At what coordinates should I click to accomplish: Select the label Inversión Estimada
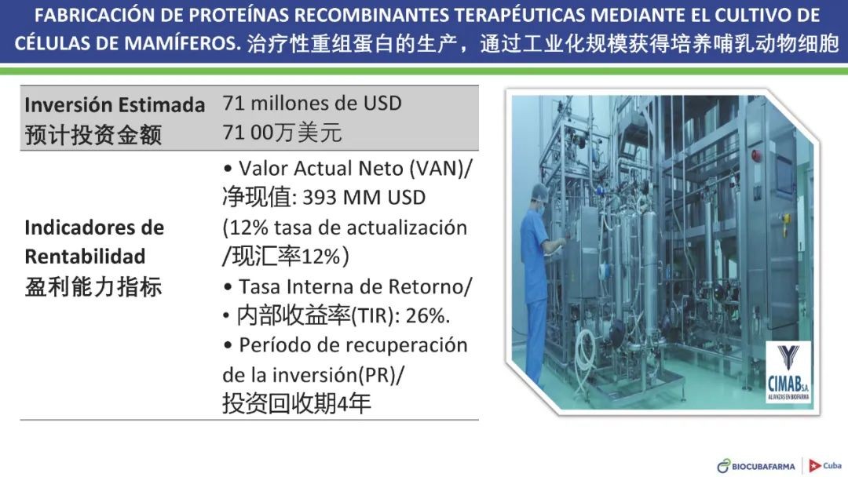[115, 105]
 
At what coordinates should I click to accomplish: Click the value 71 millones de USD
[312, 103]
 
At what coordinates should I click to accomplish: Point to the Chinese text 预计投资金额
[93, 134]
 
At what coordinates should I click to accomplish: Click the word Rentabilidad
[85, 257]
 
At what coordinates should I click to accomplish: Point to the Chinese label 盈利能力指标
[93, 286]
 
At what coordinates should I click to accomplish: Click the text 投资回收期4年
[296, 403]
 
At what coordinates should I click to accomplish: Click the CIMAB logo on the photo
[788, 372]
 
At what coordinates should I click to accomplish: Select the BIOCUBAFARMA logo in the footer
[756, 466]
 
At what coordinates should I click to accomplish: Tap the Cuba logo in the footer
[825, 465]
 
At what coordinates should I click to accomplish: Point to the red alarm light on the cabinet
[756, 155]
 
